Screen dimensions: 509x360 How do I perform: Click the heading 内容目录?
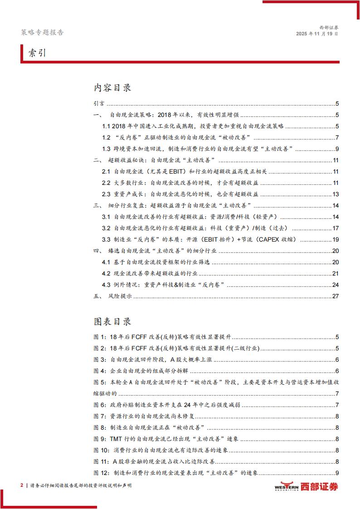click(x=112, y=88)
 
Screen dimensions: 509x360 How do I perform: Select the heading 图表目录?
click(x=112, y=321)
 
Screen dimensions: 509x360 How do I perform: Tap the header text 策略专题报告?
click(x=43, y=33)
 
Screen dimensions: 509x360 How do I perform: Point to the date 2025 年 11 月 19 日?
click(x=317, y=34)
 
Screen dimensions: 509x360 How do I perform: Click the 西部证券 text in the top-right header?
click(x=328, y=27)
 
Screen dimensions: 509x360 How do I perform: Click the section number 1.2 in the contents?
click(x=107, y=137)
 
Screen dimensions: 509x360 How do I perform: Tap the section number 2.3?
click(x=107, y=194)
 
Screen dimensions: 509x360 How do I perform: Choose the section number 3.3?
click(x=107, y=239)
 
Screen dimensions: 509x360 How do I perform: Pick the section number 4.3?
click(x=107, y=285)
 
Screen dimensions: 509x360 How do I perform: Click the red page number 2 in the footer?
click(x=22, y=485)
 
